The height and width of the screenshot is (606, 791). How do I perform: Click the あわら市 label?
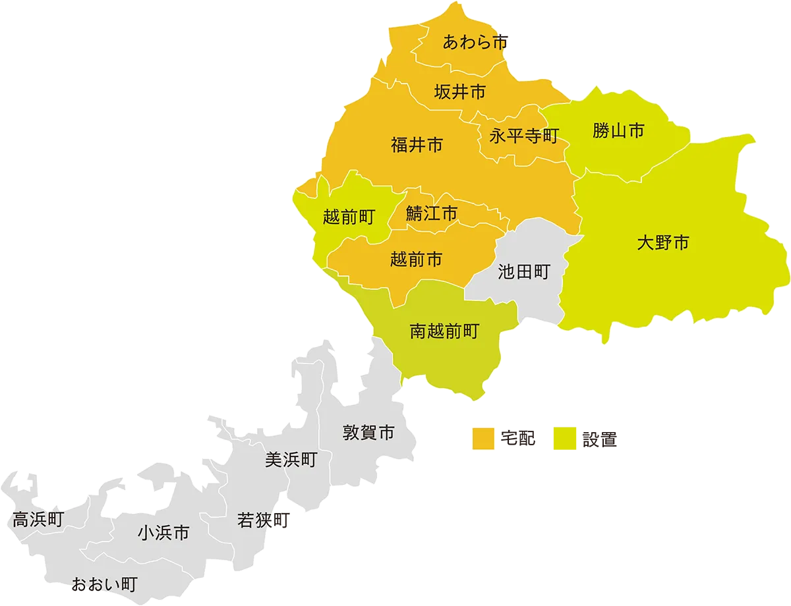(475, 43)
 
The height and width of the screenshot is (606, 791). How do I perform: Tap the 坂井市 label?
(460, 92)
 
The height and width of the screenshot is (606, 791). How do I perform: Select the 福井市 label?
(417, 145)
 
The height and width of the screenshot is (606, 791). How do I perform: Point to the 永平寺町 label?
(524, 136)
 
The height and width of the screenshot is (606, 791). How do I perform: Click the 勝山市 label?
(618, 131)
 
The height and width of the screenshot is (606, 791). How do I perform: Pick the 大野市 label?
(662, 243)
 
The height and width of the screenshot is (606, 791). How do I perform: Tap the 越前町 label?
(349, 217)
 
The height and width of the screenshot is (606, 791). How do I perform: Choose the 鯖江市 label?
(432, 213)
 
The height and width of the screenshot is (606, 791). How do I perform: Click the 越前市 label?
(416, 260)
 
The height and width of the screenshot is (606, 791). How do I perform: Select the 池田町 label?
(523, 272)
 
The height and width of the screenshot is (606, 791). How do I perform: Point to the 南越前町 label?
(444, 331)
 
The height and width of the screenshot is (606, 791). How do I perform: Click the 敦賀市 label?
(368, 433)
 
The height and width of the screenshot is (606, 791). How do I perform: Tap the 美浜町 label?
(291, 460)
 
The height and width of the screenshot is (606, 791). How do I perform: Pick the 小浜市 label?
(163, 532)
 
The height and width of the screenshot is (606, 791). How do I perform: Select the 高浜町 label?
(38, 520)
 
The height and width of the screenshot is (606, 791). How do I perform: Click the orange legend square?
(483, 439)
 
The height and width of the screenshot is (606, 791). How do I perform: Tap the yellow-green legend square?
(564, 439)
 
